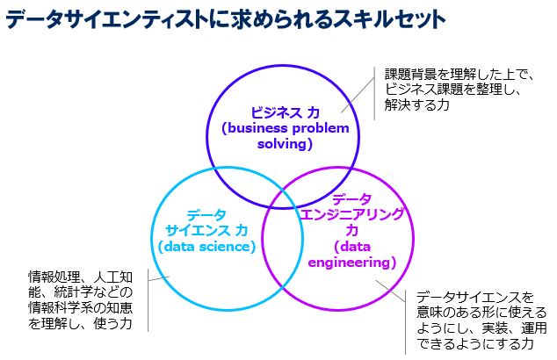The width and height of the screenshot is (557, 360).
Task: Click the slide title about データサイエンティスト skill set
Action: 225,18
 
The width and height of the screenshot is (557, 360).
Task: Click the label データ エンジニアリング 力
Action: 351,214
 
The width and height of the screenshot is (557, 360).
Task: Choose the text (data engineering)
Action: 351,255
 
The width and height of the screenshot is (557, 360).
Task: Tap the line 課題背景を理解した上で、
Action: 453,73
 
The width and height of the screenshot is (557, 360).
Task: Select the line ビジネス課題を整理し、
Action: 447,89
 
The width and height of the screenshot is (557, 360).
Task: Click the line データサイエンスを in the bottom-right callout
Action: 474,296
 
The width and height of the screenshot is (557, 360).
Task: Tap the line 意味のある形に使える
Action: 481,312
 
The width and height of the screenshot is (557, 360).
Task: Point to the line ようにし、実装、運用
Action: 481,328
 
